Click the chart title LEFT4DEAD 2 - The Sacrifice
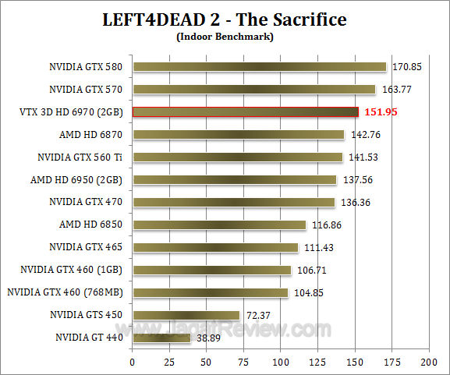225,18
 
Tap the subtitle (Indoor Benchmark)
225,35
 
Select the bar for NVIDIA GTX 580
260,67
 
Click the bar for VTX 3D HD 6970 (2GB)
246,112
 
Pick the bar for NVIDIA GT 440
161,338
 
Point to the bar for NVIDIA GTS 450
186,315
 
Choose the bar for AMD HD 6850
219,225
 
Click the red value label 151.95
382,112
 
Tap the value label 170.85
407,67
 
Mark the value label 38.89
208,338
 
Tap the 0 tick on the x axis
133,363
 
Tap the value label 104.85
309,292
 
